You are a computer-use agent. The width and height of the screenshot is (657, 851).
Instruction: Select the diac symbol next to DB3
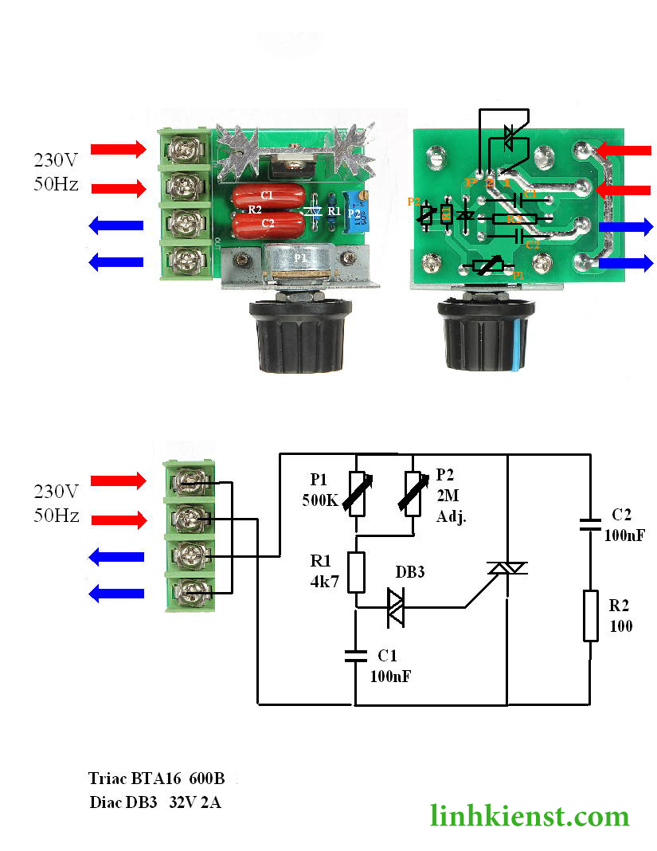pos(396,607)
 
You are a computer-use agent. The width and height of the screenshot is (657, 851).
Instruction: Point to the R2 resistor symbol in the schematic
pos(590,615)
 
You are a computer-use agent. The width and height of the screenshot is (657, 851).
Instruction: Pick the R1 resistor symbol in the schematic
pos(356,572)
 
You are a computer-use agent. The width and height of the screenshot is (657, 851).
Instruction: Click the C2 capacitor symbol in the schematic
pos(590,524)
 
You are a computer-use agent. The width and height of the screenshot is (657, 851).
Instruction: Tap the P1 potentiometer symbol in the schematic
pos(356,494)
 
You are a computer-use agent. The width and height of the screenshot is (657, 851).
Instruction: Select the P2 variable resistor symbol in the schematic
pos(413,494)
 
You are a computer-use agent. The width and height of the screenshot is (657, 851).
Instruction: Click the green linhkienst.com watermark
pos(530,815)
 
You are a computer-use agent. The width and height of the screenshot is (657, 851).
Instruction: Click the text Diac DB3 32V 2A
pos(155,802)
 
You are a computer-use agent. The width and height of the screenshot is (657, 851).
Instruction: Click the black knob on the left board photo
pos(289,335)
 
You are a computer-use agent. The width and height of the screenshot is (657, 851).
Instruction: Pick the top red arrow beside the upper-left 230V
pos(118,148)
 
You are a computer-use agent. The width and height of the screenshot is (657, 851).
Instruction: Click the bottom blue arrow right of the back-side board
pos(625,263)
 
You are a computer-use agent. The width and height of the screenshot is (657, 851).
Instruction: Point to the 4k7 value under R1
pos(324,581)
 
